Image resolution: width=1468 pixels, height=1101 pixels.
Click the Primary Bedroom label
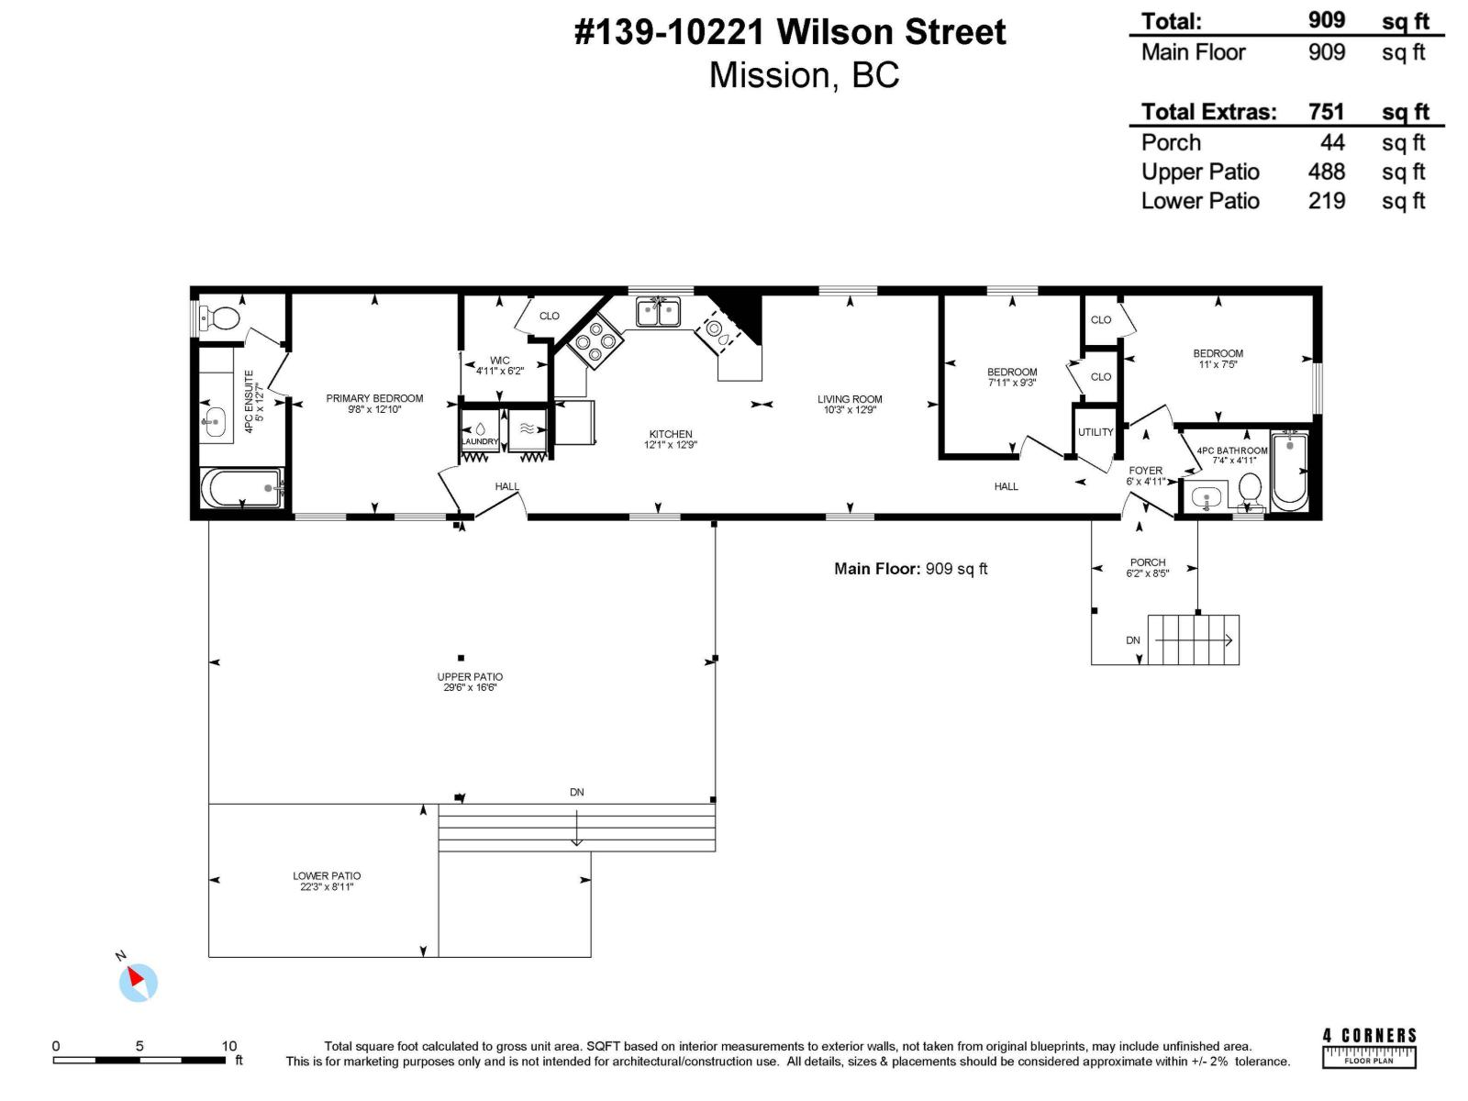coord(374,398)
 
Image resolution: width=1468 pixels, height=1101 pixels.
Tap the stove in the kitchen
coord(595,342)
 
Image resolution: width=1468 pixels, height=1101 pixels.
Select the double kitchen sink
coord(658,312)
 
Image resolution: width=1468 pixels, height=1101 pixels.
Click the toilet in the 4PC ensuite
coord(221,318)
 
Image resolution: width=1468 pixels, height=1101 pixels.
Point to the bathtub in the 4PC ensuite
coord(241,488)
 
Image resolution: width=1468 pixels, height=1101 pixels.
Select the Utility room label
coord(1095,432)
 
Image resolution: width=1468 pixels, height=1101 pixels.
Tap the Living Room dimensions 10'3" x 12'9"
coord(850,410)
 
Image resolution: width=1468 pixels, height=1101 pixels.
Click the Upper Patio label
coord(470,677)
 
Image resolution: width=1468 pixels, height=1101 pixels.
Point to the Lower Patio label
coord(327,876)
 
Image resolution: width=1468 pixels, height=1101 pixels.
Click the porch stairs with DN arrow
coord(1193,640)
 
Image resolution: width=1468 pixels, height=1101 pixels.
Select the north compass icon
coord(138,982)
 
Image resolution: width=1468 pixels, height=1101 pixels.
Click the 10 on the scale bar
coord(229,1046)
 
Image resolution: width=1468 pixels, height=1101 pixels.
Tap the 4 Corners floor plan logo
coord(1369,1048)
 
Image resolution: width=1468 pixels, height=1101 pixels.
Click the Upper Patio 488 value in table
coord(1326,172)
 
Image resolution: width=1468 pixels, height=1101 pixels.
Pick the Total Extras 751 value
coord(1326,112)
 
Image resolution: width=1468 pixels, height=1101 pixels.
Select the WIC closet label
coord(499,361)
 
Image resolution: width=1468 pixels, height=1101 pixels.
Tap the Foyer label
coord(1145,471)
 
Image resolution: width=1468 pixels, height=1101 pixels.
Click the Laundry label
coord(480,442)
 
